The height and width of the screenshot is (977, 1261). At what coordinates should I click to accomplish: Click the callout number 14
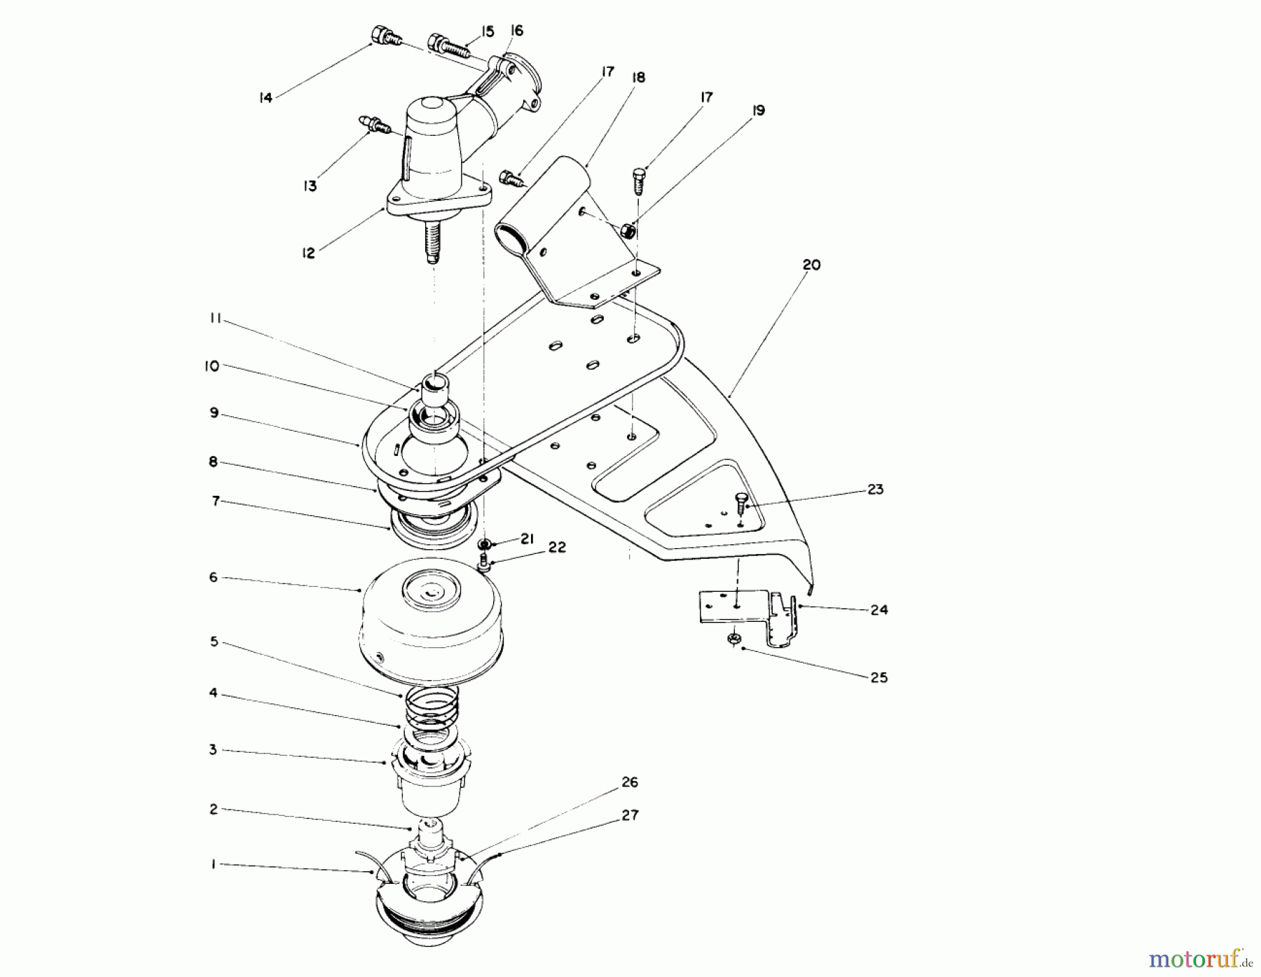coord(265,98)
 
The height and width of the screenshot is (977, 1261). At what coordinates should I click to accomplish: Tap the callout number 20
coord(811,265)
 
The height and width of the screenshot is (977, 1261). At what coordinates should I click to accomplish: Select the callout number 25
coord(878,677)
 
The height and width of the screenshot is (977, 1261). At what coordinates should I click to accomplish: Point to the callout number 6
coord(214,577)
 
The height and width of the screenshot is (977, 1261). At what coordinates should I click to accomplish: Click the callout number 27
coord(630,815)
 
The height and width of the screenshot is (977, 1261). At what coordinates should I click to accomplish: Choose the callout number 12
coord(308,253)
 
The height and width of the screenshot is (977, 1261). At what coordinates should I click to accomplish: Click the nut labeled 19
coord(629,230)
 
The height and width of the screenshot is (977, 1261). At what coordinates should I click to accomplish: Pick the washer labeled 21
coord(484,544)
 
